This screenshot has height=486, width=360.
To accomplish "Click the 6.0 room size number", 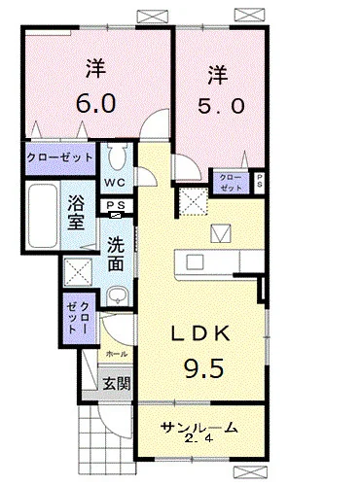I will click(95, 102).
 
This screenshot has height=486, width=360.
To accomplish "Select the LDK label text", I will click(202, 333).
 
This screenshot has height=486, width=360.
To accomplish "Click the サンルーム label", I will click(200, 428).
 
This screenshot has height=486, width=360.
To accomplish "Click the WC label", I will click(114, 182).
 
